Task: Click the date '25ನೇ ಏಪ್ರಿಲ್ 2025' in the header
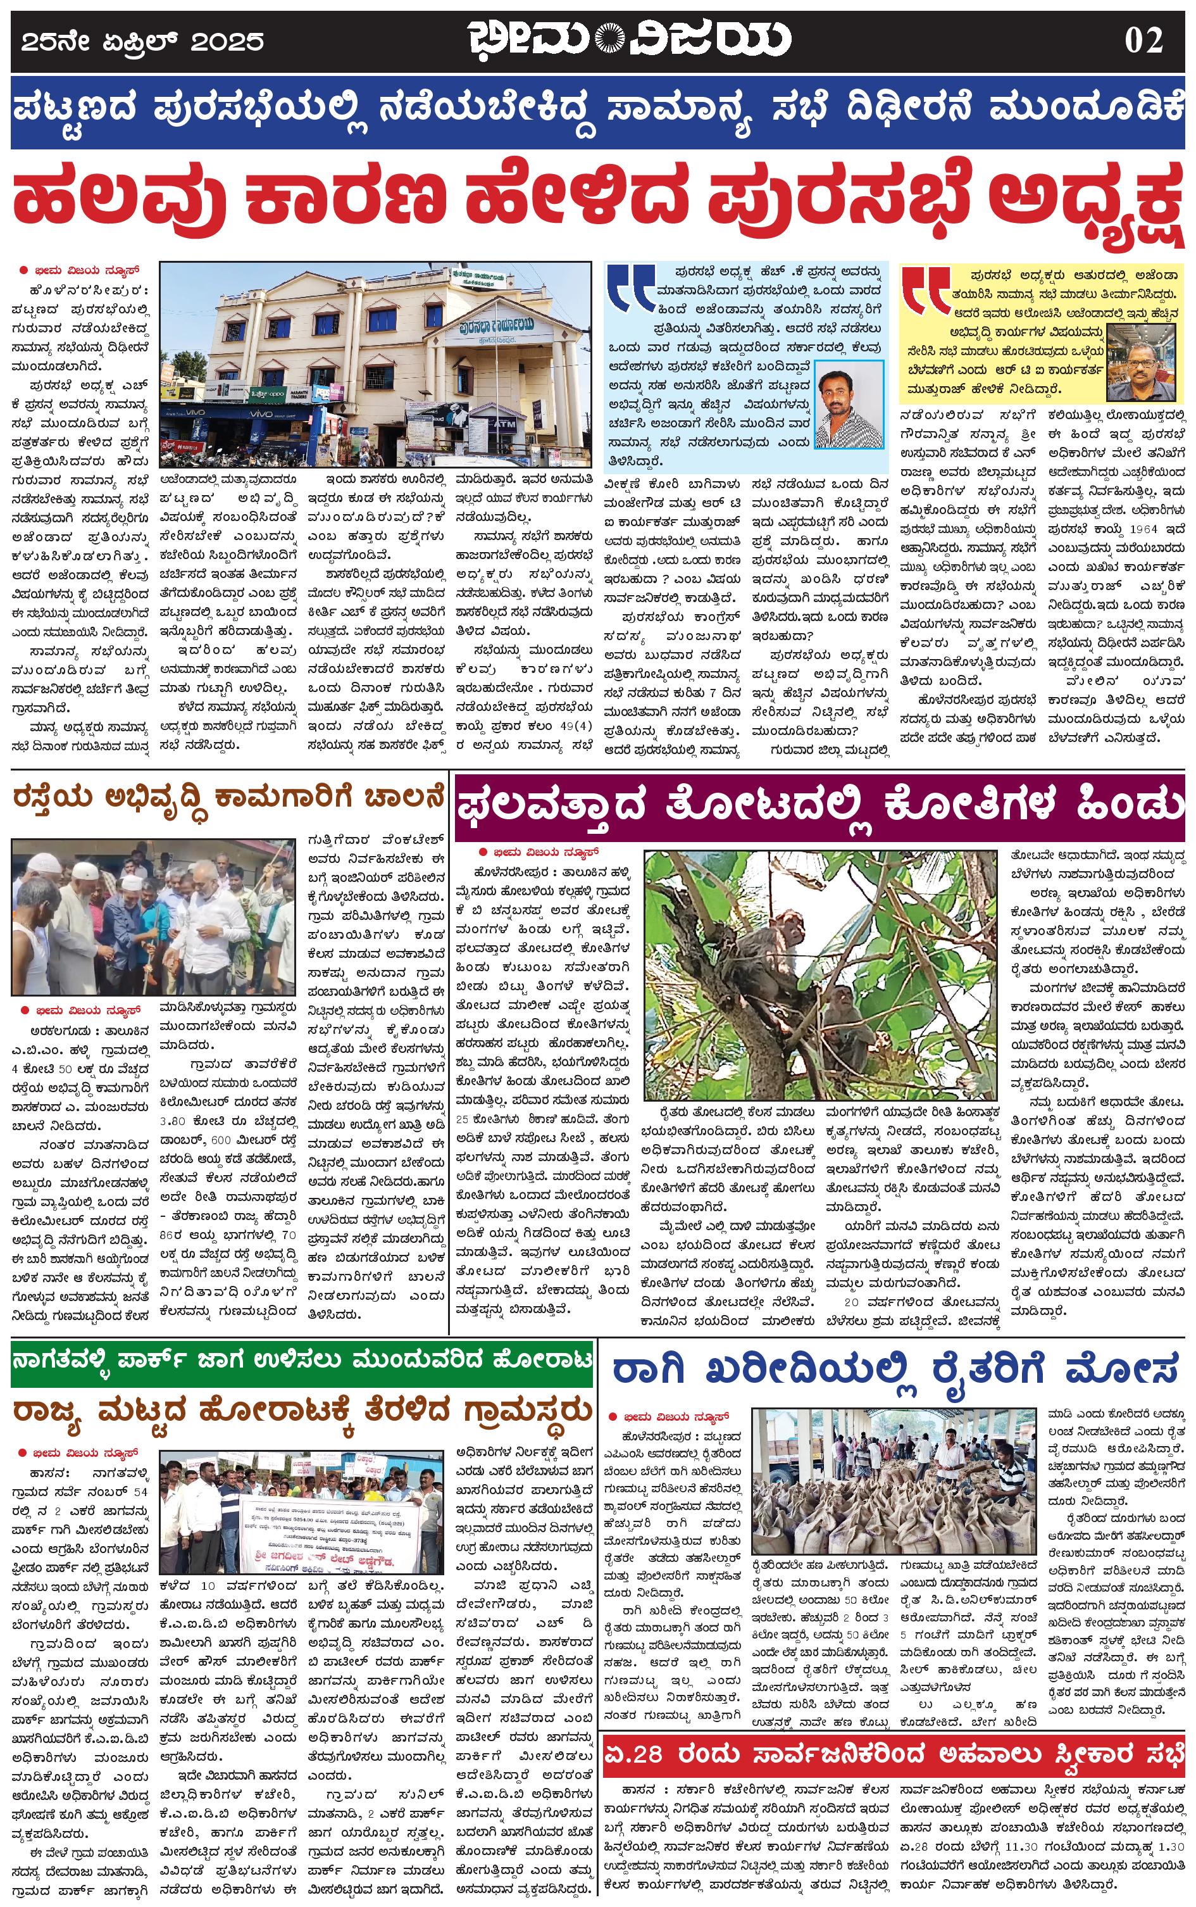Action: tap(142, 41)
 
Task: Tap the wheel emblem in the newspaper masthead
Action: tap(609, 39)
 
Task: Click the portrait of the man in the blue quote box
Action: tap(849, 403)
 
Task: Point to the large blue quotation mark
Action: tap(630, 289)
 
